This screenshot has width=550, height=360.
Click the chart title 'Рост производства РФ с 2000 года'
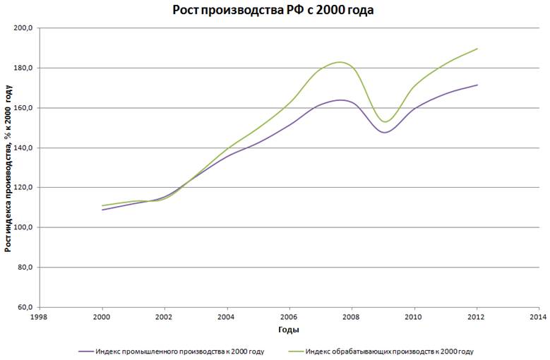click(273, 11)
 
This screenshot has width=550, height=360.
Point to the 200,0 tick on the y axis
click(24, 28)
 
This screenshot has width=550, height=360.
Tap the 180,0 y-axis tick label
click(24, 68)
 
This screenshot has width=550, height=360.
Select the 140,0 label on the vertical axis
click(24, 148)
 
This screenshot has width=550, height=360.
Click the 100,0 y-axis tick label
click(24, 228)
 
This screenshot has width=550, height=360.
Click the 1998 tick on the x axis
click(40, 318)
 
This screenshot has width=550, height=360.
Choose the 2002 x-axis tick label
click(165, 318)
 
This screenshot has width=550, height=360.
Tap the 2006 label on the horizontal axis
click(289, 318)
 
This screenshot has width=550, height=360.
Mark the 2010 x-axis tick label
click(414, 318)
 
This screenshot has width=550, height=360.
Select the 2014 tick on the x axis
click(538, 318)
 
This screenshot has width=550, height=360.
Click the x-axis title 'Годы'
click(288, 330)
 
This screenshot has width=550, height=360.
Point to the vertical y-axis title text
click(8, 168)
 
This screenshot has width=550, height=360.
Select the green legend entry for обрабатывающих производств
click(389, 351)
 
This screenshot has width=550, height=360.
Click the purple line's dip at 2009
click(384, 132)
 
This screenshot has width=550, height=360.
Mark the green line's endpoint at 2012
click(477, 49)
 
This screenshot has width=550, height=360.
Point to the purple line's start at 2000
click(103, 210)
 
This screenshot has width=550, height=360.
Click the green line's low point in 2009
click(385, 121)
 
